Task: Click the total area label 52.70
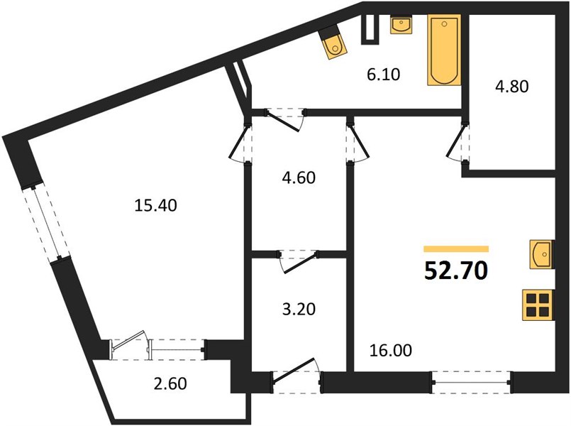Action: tap(456, 271)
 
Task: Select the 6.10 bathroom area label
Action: tap(383, 75)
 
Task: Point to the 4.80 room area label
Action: tap(511, 87)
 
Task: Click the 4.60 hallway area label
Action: tap(299, 177)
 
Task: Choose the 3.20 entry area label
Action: tap(299, 310)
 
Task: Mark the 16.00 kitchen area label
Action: tap(391, 350)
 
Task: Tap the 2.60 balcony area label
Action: tap(170, 383)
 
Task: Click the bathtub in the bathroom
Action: tap(444, 50)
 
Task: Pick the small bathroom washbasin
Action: tap(401, 25)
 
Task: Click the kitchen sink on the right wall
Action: tap(542, 254)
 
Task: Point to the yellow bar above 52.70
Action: tap(456, 249)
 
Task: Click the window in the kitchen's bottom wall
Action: tap(472, 382)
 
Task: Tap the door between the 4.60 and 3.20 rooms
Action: tap(299, 261)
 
